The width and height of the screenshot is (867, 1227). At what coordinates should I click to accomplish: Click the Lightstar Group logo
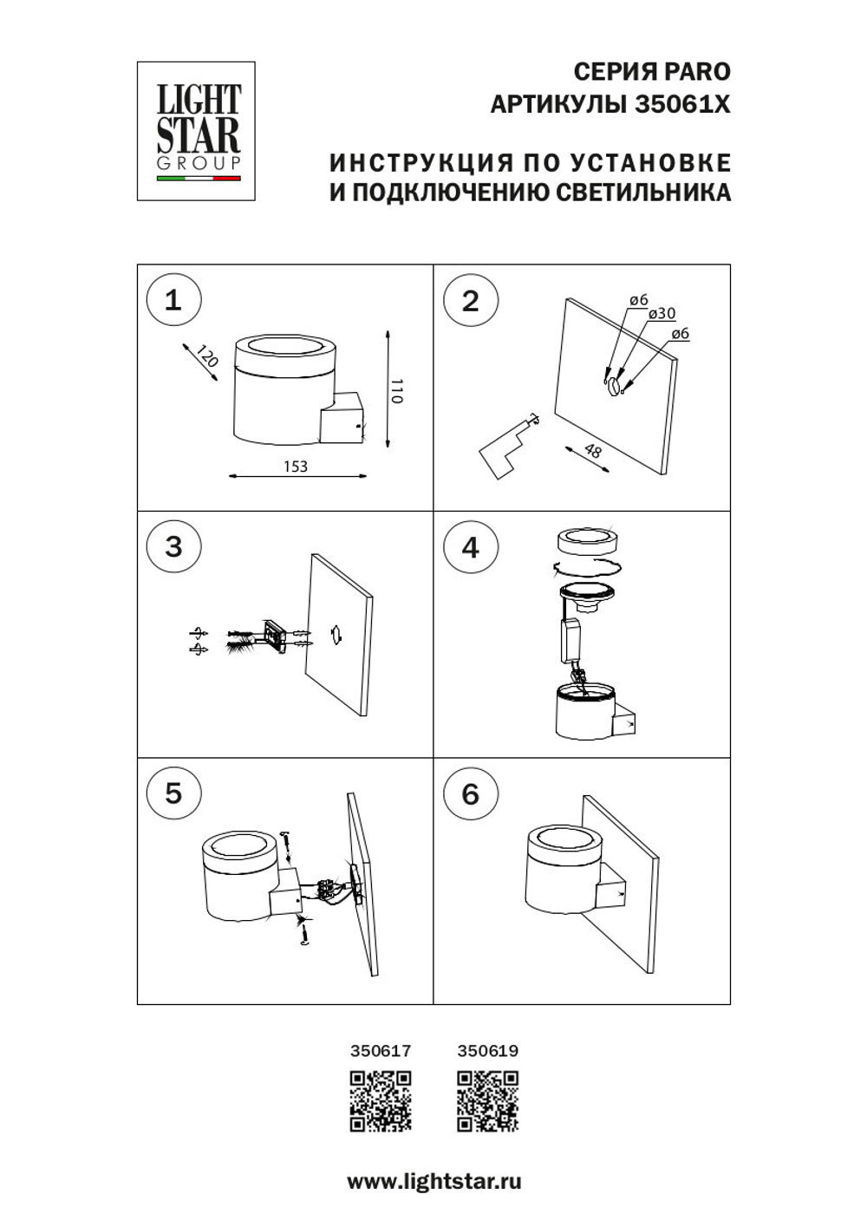pyautogui.click(x=196, y=131)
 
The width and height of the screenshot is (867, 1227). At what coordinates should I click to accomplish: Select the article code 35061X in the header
pyautogui.click(x=682, y=105)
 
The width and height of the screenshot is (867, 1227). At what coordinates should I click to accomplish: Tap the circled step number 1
pyautogui.click(x=173, y=300)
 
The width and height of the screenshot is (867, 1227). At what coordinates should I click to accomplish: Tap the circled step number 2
pyautogui.click(x=470, y=300)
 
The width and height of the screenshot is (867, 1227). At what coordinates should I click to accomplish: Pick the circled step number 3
pyautogui.click(x=173, y=546)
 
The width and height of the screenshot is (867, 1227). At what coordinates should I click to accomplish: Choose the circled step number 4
pyautogui.click(x=470, y=547)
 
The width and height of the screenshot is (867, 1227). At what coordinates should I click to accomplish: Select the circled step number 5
pyautogui.click(x=173, y=793)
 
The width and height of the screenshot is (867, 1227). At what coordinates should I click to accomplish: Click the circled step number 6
pyautogui.click(x=470, y=793)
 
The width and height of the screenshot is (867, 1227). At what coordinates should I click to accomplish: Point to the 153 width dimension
pyautogui.click(x=296, y=467)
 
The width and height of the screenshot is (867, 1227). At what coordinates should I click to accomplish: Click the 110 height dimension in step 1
pyautogui.click(x=397, y=391)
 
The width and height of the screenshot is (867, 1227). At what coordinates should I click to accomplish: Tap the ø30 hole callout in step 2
pyautogui.click(x=662, y=314)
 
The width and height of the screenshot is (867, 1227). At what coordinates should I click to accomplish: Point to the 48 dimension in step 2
pyautogui.click(x=593, y=451)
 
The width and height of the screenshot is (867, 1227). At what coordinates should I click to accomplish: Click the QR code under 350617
pyautogui.click(x=381, y=1101)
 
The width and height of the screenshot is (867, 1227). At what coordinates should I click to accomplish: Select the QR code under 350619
pyautogui.click(x=488, y=1101)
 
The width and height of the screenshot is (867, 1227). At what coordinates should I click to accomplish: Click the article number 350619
pyautogui.click(x=488, y=1051)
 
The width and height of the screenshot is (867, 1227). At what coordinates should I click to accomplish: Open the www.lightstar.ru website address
pyautogui.click(x=434, y=1181)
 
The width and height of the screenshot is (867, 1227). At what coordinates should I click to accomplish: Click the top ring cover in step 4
pyautogui.click(x=587, y=542)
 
